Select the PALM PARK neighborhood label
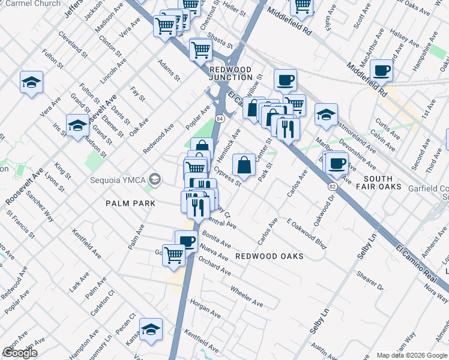(x=130, y=203)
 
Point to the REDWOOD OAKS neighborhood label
(x=269, y=256)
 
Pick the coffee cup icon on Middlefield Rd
(x=381, y=71)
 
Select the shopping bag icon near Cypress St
(x=244, y=164)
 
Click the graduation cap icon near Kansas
(x=151, y=329)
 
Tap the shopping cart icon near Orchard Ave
(x=174, y=254)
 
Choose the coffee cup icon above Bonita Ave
(x=187, y=241)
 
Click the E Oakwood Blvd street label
(x=307, y=231)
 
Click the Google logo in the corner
(x=20, y=352)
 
